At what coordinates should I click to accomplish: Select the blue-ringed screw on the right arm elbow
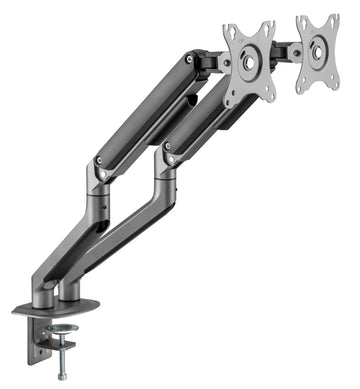[x=167, y=146]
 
